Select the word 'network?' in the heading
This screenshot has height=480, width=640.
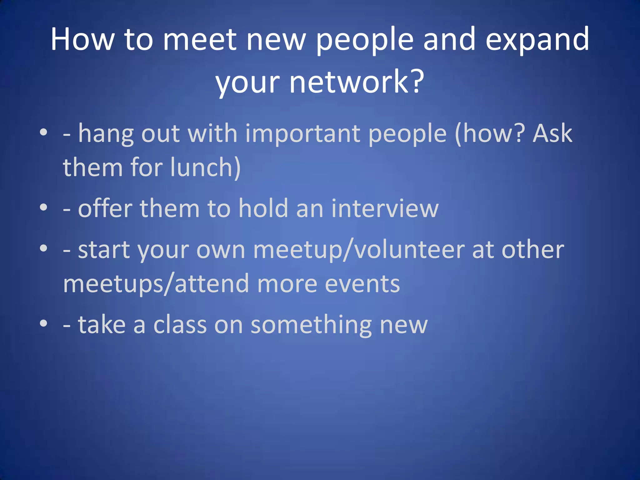356,82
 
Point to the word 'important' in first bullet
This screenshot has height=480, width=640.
303,133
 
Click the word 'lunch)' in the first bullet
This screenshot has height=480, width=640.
205,167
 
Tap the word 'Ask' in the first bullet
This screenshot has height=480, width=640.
552,133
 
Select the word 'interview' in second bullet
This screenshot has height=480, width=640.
385,208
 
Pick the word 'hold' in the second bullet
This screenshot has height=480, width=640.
263,208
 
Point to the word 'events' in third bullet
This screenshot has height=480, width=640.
362,284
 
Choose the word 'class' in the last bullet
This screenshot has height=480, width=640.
180,325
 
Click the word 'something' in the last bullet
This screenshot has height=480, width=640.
311,325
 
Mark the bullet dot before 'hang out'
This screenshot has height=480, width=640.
43,132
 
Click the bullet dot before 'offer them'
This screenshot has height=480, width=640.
43,207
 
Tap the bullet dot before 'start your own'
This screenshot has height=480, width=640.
43,248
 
